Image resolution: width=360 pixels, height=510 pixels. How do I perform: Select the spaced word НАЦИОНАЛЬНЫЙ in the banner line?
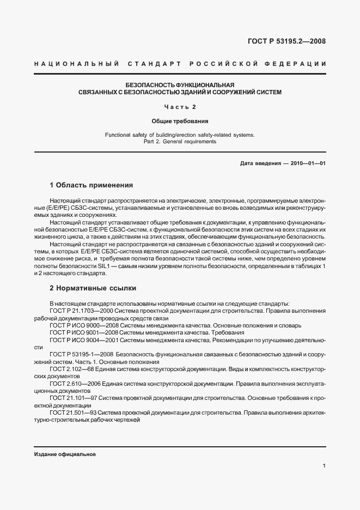(76, 64)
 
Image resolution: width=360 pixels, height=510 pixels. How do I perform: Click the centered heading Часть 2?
(180, 106)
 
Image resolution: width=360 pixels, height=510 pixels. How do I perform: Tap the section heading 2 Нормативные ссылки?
(93, 287)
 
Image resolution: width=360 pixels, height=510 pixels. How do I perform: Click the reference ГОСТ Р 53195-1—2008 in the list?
(82, 354)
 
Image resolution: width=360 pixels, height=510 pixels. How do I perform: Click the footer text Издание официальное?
(65, 454)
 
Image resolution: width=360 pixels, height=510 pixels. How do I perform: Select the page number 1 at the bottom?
(324, 466)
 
